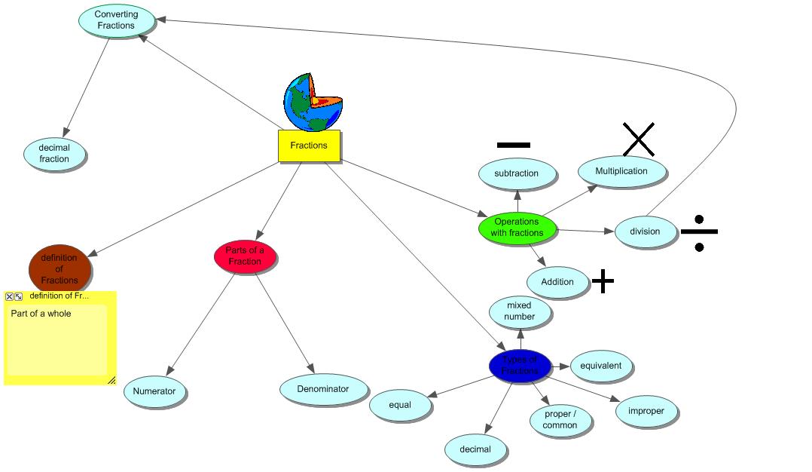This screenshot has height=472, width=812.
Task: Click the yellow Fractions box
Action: [309, 146]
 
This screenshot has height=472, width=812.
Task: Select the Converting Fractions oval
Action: [116, 20]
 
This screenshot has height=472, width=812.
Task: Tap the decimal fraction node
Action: [54, 154]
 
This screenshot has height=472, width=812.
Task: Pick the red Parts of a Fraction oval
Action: [245, 256]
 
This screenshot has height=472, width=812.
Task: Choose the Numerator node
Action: [154, 391]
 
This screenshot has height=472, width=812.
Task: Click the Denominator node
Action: [323, 389]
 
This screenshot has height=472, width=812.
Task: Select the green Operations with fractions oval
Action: [517, 228]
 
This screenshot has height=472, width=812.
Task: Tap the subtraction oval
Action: [517, 173]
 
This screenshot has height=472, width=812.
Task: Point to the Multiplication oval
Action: [621, 171]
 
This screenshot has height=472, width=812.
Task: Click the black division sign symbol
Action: [699, 233]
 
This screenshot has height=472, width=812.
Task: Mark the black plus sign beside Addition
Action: [603, 281]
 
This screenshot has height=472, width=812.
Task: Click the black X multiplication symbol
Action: [638, 139]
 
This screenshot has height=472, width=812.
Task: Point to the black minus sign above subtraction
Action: [514, 144]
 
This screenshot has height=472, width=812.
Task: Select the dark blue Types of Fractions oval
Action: [520, 366]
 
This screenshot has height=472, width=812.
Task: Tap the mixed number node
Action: [519, 311]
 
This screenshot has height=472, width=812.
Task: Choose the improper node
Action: [646, 411]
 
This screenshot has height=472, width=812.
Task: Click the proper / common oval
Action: [560, 420]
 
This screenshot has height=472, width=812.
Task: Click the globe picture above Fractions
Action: [313, 103]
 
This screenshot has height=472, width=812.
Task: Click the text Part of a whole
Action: [41, 314]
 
